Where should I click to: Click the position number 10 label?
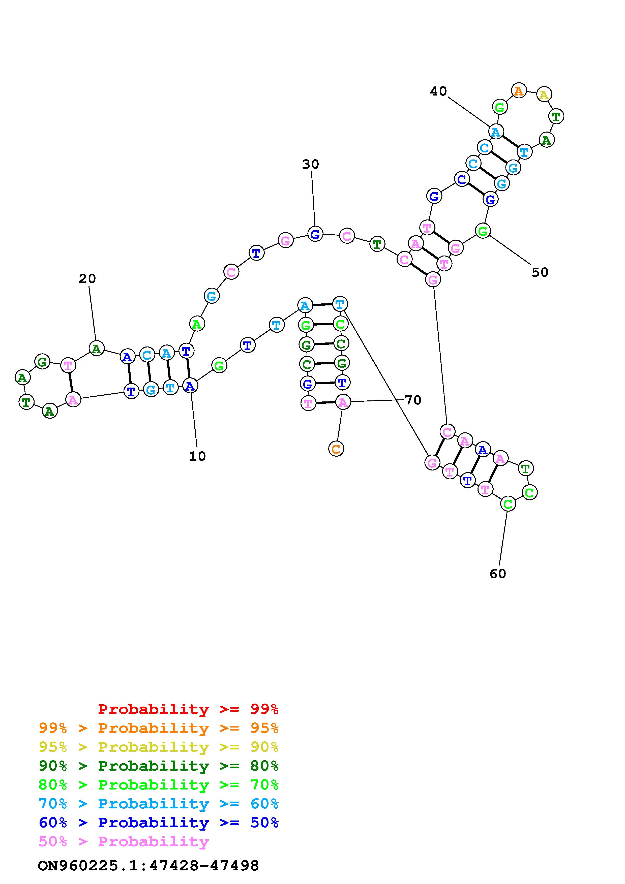pyautogui.click(x=197, y=456)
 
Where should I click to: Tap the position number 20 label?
pyautogui.click(x=87, y=279)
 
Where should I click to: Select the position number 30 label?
pyautogui.click(x=310, y=164)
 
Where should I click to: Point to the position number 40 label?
pyautogui.click(x=438, y=91)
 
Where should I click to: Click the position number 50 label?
pyautogui.click(x=540, y=272)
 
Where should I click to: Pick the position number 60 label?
pyautogui.click(x=497, y=574)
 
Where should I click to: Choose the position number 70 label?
pyautogui.click(x=413, y=400)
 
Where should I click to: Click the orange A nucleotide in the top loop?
pyautogui.click(x=519, y=91)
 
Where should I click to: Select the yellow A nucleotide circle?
pyautogui.click(x=544, y=94)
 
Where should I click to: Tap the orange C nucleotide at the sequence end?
pyautogui.click(x=336, y=449)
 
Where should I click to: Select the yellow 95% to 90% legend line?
pyautogui.click(x=159, y=747)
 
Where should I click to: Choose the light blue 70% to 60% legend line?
pyautogui.click(x=159, y=804)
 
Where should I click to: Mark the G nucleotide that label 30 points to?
pyautogui.click(x=315, y=234)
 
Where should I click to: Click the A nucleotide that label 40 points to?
pyautogui.click(x=496, y=132)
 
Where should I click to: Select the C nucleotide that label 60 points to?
pyautogui.click(x=508, y=504)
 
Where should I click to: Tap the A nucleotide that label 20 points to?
pyautogui.click(x=96, y=349)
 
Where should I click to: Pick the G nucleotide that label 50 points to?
pyautogui.click(x=483, y=231)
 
